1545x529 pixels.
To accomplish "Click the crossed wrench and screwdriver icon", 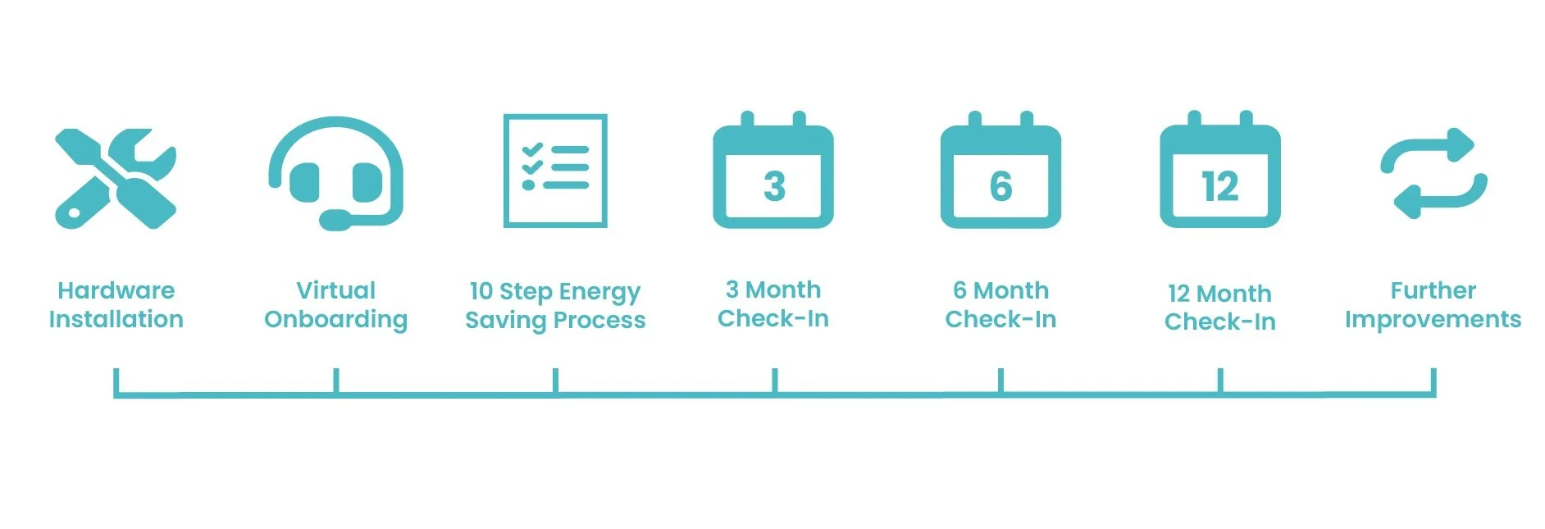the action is [116, 178].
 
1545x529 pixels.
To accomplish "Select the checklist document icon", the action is [555, 171].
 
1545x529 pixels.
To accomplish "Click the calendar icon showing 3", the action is [773, 170].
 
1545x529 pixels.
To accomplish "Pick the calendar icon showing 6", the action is [1000, 170].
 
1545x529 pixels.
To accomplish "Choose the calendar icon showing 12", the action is [1220, 170].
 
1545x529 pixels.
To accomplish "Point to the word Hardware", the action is [116, 290].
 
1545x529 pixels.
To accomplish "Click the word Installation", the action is [116, 319].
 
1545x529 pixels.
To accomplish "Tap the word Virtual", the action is [336, 290].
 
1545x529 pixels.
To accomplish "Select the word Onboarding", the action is [336, 320].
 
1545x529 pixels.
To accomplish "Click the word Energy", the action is [599, 293].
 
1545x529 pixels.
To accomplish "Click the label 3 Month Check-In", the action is [773, 303].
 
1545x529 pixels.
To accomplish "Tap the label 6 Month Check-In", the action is [1000, 304].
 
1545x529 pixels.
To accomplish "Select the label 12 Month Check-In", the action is [1220, 307].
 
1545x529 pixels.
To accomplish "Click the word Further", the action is [1433, 290].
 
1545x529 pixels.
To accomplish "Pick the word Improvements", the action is [1433, 320].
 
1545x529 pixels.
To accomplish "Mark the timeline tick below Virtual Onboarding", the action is [336, 381].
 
